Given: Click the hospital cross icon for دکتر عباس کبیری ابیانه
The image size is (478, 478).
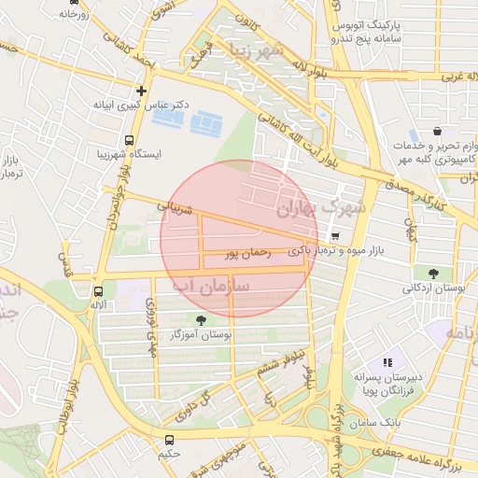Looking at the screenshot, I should coord(141,91).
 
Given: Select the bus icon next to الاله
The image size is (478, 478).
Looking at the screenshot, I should coord(98,291).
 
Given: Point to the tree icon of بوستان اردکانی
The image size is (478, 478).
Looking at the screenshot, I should coord(434,274).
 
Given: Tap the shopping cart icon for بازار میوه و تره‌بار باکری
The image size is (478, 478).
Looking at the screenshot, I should coord(335,236).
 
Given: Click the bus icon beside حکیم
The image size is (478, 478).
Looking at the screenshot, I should coord(169,439).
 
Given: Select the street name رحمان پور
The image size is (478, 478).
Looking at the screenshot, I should coord(248,252).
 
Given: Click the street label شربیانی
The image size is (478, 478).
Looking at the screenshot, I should coord(175,205).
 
